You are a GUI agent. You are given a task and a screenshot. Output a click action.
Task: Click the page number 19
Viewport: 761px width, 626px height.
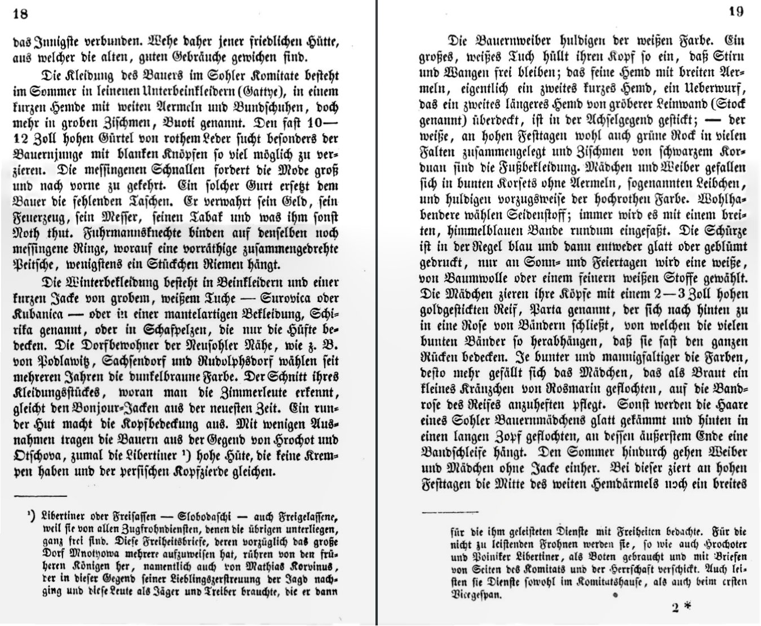pos(735,11)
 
